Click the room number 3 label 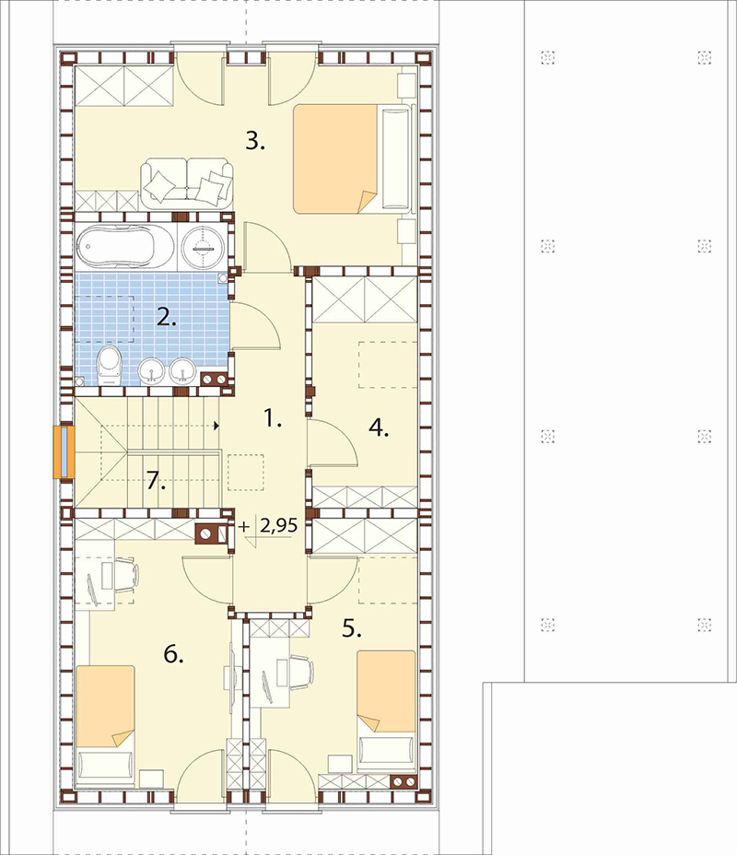click(x=254, y=142)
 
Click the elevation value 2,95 click(x=279, y=525)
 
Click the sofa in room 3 click(x=186, y=183)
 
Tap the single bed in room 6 click(x=105, y=725)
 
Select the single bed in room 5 click(x=387, y=709)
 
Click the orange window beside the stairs click(x=64, y=452)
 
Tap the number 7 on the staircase click(x=156, y=482)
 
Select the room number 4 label click(x=379, y=428)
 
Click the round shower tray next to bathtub click(x=203, y=247)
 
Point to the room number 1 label click(x=272, y=419)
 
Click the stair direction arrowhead click(x=217, y=426)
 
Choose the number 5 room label click(x=352, y=629)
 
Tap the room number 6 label click(x=173, y=654)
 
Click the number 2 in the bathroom click(x=166, y=317)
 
